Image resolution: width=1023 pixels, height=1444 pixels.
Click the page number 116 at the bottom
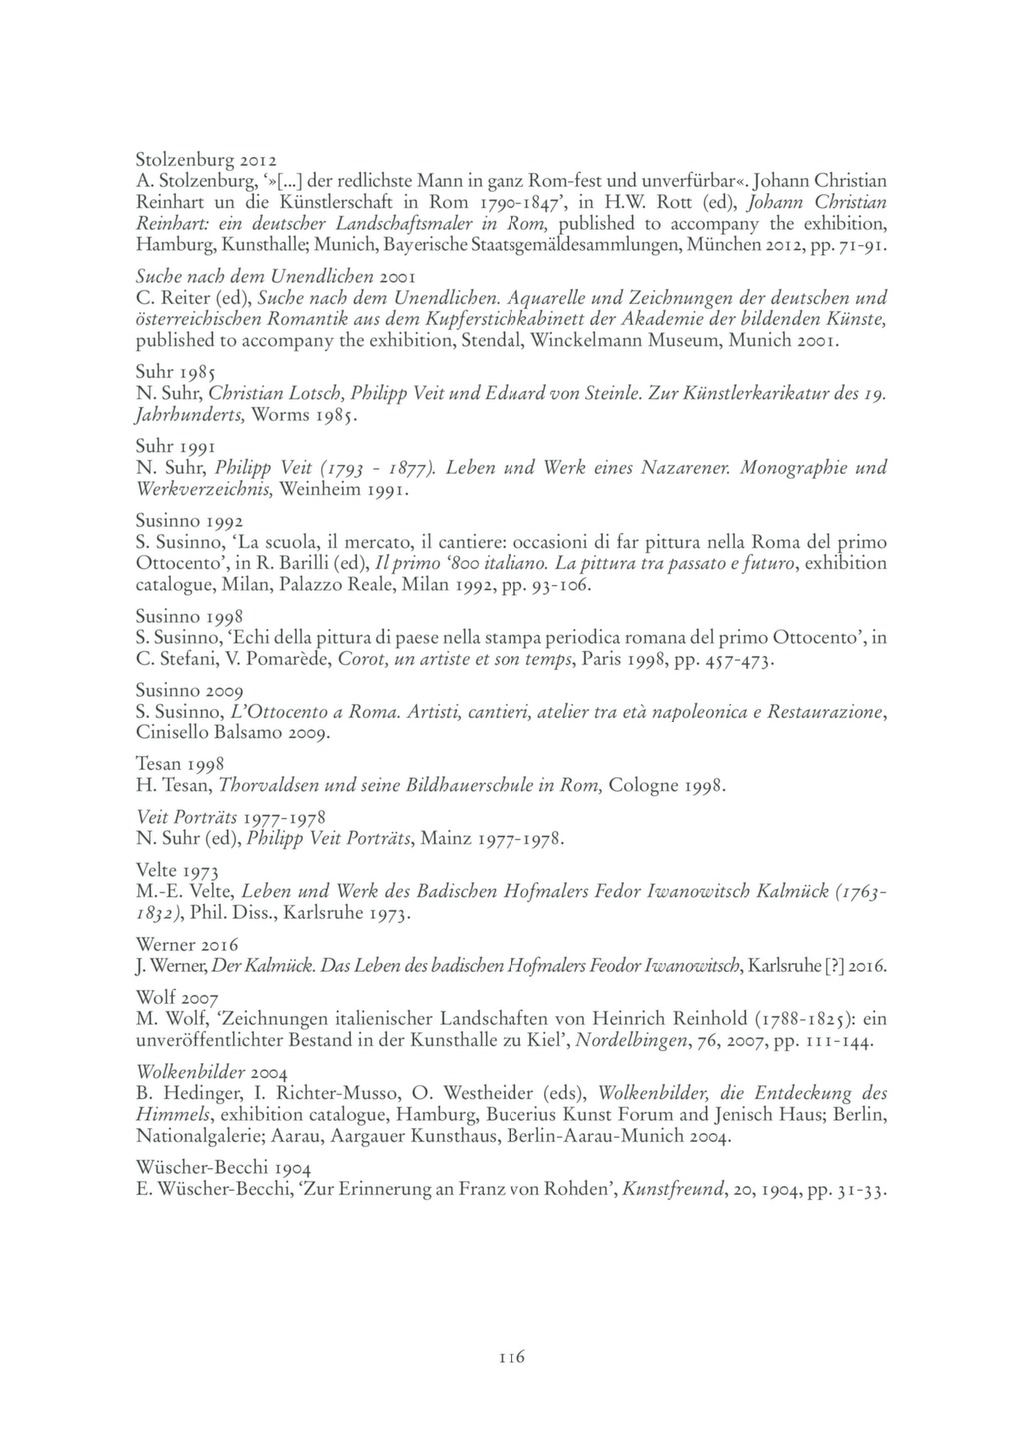[511, 1356]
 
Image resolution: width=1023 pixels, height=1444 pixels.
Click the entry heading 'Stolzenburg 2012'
[206, 160]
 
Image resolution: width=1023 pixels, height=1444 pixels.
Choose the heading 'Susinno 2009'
[188, 690]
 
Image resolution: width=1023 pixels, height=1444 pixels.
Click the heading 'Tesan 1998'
[180, 763]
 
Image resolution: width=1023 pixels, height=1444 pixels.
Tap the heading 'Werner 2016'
[186, 944]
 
